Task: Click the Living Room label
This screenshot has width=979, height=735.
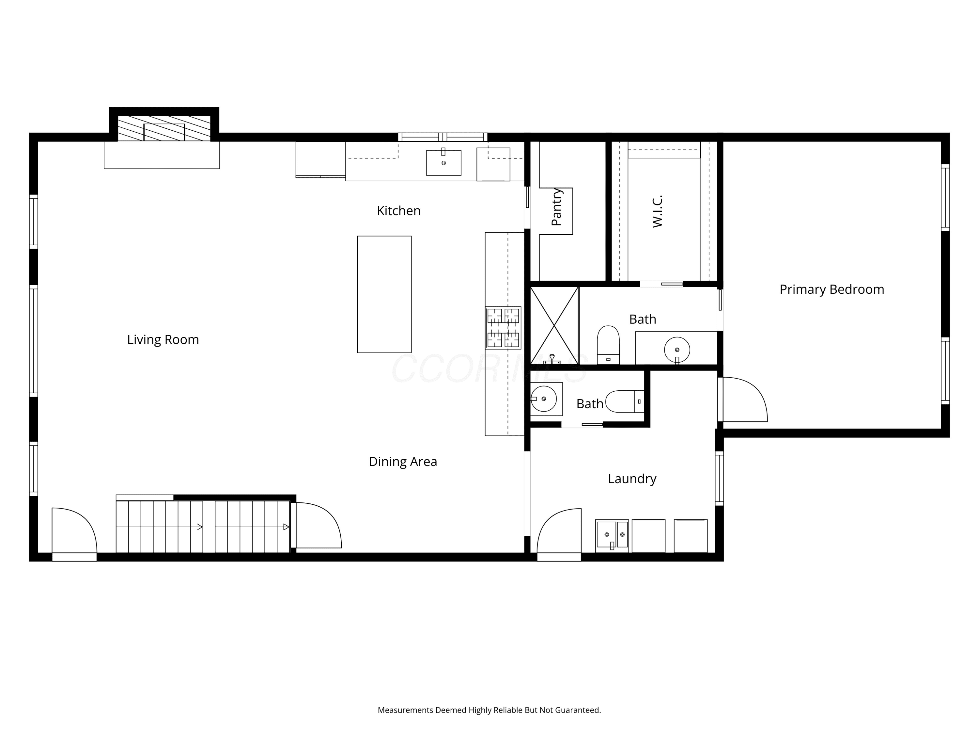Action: [x=163, y=340]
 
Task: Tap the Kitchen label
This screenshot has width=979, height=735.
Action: [x=398, y=211]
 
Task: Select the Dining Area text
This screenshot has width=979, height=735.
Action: [x=403, y=462]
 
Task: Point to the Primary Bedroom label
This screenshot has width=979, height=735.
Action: [x=831, y=290]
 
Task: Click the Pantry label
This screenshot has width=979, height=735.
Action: [x=556, y=207]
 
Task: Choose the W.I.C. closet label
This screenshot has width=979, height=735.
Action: [x=657, y=211]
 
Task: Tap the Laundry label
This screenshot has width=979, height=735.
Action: [x=632, y=479]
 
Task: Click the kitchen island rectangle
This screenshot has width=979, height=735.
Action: [x=384, y=294]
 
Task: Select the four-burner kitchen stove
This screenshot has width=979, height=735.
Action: [x=503, y=328]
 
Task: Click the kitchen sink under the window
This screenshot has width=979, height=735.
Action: [x=443, y=163]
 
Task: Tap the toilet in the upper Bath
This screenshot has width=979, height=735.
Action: [x=608, y=345]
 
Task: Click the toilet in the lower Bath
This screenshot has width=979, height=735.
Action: [x=625, y=402]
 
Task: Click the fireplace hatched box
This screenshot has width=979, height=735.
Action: [x=164, y=128]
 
